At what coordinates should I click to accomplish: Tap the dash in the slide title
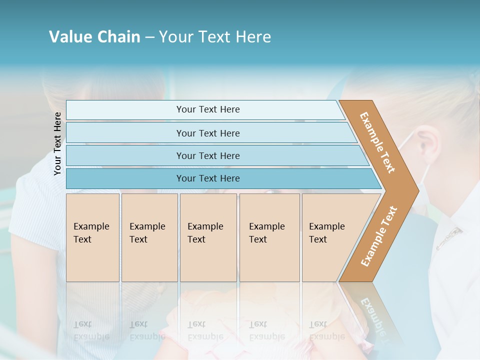[149, 37]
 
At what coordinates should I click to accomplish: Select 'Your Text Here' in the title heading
[215, 37]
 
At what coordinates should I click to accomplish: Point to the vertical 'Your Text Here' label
[58, 143]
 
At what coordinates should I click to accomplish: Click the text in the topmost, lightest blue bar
[208, 109]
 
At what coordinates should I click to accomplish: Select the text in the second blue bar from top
[208, 133]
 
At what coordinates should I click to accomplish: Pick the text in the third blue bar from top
[208, 156]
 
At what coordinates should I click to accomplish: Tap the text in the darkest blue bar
[208, 178]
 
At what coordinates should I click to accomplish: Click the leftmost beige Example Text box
[92, 237]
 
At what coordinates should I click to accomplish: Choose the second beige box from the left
[149, 237]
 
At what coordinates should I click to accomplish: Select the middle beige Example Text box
[208, 237]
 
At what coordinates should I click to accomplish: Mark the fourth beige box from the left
[269, 237]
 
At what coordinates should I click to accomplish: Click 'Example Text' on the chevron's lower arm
[379, 236]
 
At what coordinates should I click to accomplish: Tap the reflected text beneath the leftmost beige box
[91, 330]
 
